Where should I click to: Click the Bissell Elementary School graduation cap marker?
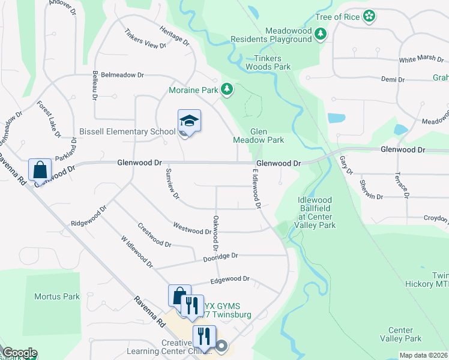189,121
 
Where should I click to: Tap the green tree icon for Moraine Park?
226,90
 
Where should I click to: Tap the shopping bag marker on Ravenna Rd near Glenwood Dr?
40,170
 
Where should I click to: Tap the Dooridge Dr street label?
220,256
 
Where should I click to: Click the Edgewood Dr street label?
229,280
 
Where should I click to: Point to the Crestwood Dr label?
154,236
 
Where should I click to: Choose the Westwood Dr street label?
192,228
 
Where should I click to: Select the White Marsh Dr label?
421,60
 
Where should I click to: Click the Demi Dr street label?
393,79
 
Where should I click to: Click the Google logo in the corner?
20,353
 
